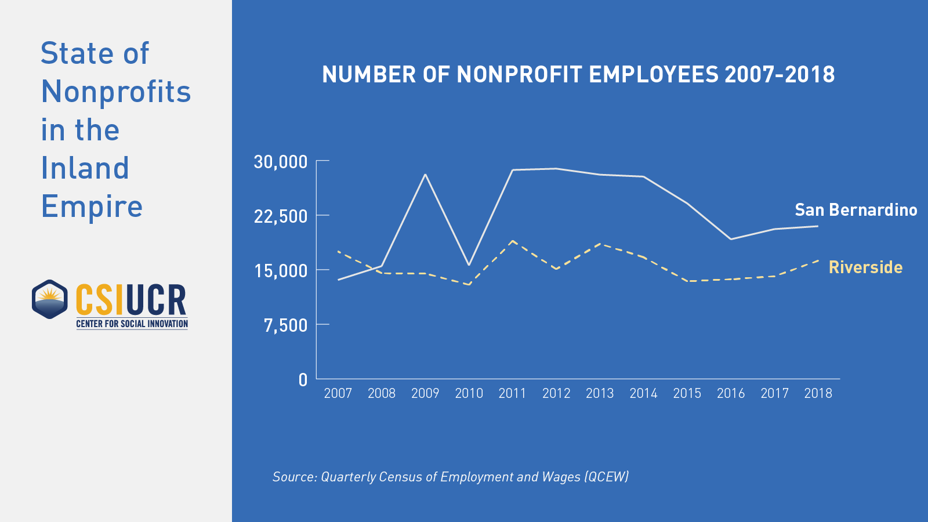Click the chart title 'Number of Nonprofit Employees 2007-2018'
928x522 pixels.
click(x=578, y=75)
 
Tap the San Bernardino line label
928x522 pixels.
click(x=855, y=209)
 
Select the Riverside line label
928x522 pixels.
click(x=865, y=267)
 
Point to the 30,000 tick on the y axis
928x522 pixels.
click(x=281, y=161)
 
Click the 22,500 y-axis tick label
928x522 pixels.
click(x=281, y=216)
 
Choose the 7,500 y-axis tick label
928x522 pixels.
click(x=286, y=325)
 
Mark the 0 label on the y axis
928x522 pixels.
click(x=303, y=380)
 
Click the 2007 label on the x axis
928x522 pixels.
click(x=338, y=393)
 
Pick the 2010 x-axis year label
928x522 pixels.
click(x=469, y=393)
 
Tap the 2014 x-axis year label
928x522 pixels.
click(x=643, y=393)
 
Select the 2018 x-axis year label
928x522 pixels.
click(x=818, y=393)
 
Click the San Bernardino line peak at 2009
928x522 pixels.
click(x=425, y=175)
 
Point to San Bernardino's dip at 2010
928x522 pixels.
click(x=469, y=265)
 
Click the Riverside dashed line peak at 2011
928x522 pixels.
click(x=513, y=241)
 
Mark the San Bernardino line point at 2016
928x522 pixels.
click(x=731, y=239)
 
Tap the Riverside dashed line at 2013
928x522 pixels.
click(x=600, y=244)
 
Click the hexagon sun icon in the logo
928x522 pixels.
click(x=50, y=299)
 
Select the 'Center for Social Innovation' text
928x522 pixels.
click(x=132, y=324)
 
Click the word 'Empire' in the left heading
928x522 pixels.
click(x=92, y=206)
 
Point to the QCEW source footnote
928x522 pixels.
click(x=451, y=477)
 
